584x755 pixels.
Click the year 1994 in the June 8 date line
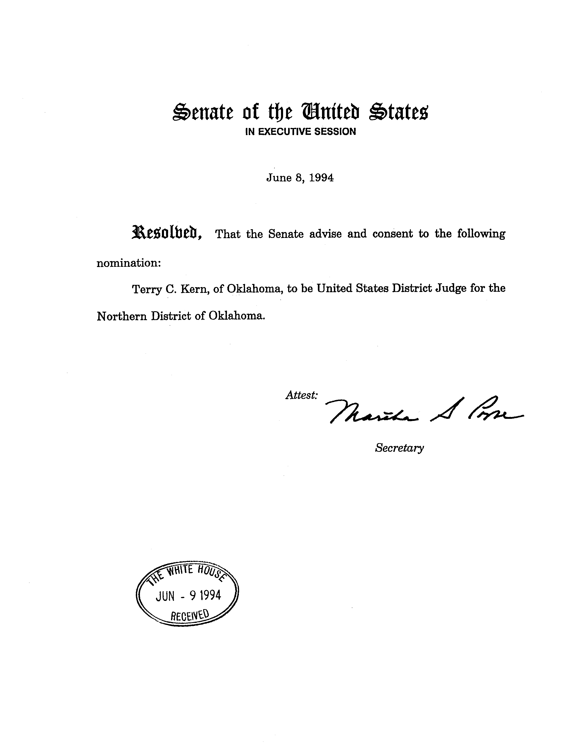(321, 178)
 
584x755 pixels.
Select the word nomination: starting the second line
(129, 263)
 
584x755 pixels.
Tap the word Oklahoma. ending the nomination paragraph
(237, 316)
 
